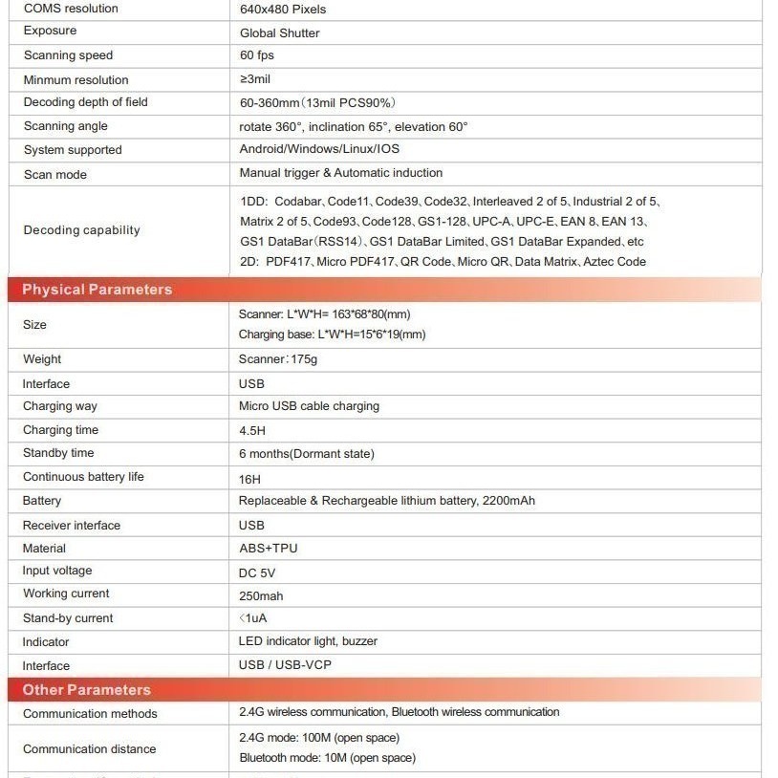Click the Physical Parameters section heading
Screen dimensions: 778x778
tap(97, 290)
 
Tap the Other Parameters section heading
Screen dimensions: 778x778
tap(86, 690)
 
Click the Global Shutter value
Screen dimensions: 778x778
tap(279, 32)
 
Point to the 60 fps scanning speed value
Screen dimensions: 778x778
tap(256, 55)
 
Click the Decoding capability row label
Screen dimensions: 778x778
tap(81, 230)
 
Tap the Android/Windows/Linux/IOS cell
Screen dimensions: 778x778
tap(319, 149)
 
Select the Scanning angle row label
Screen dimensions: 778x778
tap(65, 126)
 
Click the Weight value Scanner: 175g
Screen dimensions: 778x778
tap(277, 359)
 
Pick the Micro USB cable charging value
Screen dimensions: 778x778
tap(309, 406)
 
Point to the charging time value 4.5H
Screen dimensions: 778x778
tap(251, 431)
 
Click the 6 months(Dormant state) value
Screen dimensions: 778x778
tap(306, 454)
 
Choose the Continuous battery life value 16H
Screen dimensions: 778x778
tap(249, 479)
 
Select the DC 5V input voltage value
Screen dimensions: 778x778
tap(256, 573)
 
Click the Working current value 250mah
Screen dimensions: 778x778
tap(260, 595)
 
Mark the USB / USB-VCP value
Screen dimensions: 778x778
tap(285, 665)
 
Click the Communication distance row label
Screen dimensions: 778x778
tap(89, 749)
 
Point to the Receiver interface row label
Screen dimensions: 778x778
tap(72, 525)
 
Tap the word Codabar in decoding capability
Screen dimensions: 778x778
tap(297, 202)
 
